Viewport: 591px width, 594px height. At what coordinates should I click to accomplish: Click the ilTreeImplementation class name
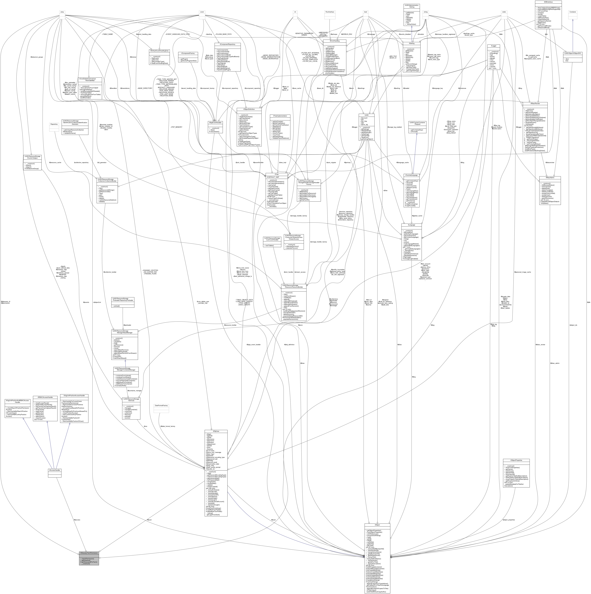pos(278,116)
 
